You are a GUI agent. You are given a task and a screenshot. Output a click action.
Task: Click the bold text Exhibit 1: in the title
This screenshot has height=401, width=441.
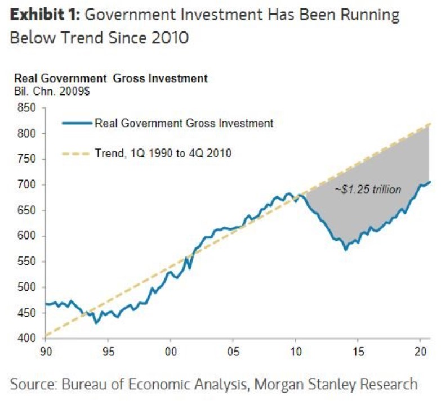(x=43, y=15)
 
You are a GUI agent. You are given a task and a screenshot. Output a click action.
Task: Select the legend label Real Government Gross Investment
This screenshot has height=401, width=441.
(x=184, y=123)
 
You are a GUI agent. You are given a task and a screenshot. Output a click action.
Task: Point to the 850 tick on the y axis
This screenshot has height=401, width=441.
(x=29, y=108)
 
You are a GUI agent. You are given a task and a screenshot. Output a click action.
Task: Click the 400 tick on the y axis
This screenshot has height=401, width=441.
(x=29, y=338)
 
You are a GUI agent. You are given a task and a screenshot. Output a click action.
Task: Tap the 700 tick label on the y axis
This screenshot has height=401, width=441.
(x=29, y=185)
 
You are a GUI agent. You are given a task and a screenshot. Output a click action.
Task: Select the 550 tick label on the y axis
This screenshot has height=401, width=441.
(x=29, y=262)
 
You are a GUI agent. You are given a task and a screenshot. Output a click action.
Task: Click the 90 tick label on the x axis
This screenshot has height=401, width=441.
(x=46, y=351)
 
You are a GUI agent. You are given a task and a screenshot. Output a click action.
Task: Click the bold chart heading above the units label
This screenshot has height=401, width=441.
(x=110, y=79)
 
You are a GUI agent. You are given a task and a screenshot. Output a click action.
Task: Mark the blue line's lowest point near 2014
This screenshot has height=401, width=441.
(x=345, y=250)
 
